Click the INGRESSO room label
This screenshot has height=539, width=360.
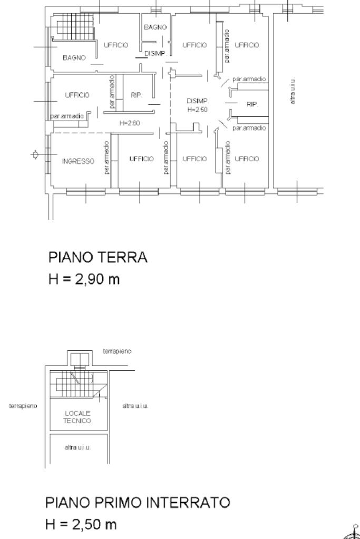[78, 161]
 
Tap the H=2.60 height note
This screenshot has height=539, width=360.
[130, 123]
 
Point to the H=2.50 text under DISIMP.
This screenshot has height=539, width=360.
[197, 110]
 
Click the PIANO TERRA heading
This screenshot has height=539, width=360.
[98, 257]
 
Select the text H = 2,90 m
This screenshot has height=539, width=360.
[84, 279]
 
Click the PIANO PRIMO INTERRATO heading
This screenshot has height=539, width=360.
[138, 503]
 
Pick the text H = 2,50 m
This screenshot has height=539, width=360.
[81, 524]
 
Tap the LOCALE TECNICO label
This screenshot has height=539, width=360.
[77, 417]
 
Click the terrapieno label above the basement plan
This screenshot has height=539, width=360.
[117, 351]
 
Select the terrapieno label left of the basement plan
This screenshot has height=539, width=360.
[23, 406]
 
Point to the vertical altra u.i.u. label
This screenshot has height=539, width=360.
[293, 91]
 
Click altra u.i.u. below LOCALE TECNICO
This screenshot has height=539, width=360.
[77, 447]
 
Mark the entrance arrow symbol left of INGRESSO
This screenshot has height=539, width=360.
[35, 155]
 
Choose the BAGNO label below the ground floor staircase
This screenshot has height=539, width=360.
[74, 58]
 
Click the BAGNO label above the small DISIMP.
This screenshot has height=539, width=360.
[155, 27]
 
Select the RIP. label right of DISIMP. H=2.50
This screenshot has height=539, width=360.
[252, 104]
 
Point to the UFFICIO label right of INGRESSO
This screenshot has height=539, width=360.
[141, 159]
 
